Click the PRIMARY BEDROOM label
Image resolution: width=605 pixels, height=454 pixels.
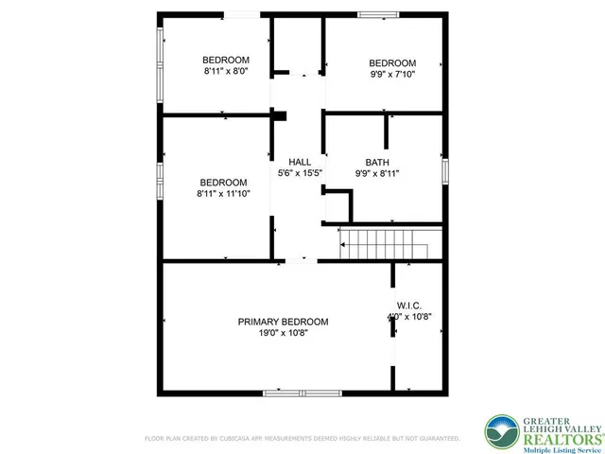[x=284, y=322]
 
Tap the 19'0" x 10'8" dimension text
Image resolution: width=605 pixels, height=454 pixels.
[x=284, y=333]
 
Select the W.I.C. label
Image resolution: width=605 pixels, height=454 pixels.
[x=409, y=306]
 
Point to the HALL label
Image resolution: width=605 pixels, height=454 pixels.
[x=299, y=162]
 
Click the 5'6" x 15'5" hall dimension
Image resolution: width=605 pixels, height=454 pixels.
[x=299, y=173]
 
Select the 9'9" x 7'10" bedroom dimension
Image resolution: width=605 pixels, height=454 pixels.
[x=391, y=74]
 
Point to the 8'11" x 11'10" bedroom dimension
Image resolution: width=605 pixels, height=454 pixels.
[x=223, y=194]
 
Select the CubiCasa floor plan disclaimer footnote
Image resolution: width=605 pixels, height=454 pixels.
[x=302, y=439]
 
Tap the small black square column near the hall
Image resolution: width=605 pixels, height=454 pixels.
[x=280, y=116]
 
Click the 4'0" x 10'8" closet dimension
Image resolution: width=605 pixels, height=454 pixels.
[x=409, y=317]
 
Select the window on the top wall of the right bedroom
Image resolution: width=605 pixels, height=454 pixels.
[x=378, y=13]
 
